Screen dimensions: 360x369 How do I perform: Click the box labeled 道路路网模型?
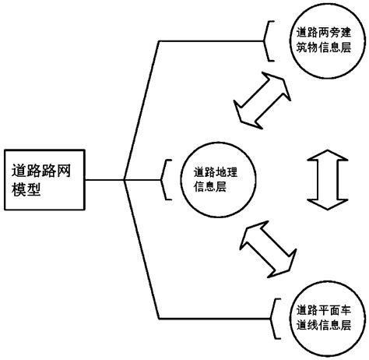click(44, 180)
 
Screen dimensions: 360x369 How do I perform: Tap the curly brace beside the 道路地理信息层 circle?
click(165, 180)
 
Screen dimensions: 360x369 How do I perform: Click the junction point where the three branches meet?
click(125, 180)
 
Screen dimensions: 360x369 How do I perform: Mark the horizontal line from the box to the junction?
click(104, 180)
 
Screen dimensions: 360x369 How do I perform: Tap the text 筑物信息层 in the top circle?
click(320, 48)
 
